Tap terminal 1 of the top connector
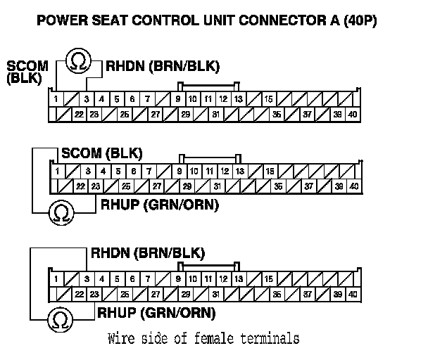[x=56, y=99]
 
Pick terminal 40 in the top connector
[x=353, y=114]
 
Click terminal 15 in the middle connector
[x=270, y=171]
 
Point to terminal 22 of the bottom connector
[x=80, y=294]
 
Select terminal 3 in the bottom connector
[x=87, y=279]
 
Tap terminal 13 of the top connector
[x=239, y=99]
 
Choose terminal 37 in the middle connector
[x=308, y=186]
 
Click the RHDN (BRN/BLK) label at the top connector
[x=163, y=67]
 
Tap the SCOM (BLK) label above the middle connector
[x=102, y=153]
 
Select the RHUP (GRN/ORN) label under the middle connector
[x=159, y=205]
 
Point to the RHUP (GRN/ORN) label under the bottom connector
[x=156, y=313]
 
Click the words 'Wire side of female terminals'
[x=203, y=339]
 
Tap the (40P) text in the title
[x=357, y=21]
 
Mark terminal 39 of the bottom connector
[x=338, y=294]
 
